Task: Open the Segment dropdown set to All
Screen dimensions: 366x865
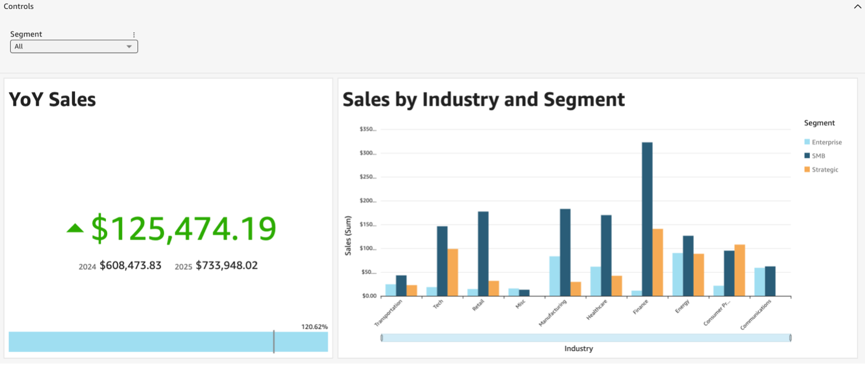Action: click(74, 47)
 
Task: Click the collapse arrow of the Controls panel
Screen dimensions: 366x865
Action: click(857, 7)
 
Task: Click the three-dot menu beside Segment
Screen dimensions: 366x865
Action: click(134, 35)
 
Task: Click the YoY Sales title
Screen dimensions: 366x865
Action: click(53, 99)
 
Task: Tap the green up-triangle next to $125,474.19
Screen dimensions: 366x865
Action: click(75, 228)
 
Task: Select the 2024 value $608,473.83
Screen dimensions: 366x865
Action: click(130, 266)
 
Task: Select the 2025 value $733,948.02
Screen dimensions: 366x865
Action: click(226, 266)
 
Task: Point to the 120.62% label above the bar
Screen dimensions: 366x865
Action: click(315, 327)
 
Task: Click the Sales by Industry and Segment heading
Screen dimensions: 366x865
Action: click(483, 99)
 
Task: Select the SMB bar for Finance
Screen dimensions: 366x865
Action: click(647, 219)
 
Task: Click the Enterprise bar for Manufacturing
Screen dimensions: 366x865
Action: click(555, 276)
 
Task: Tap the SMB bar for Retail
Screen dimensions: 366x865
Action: click(483, 253)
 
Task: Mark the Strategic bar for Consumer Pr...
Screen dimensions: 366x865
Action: click(740, 270)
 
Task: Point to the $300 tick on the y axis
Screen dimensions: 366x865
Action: click(367, 153)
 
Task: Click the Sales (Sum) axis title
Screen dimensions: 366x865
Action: click(348, 235)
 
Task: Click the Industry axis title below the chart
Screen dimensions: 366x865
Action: click(579, 348)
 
